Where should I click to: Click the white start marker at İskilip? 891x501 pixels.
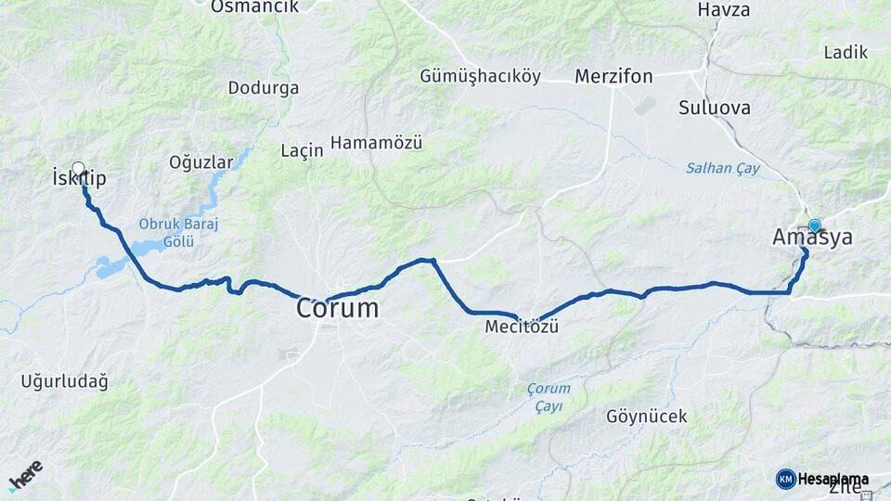pos(78,169)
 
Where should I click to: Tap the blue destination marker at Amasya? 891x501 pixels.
pos(815,225)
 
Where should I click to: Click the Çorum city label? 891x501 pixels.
pos(338,308)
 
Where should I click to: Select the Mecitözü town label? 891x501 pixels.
pos(522,328)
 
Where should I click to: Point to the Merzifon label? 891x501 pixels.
pos(613,76)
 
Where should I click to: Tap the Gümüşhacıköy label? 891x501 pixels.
pos(480,76)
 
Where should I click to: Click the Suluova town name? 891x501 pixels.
pos(715,108)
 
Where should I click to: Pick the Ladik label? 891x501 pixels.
pos(846,53)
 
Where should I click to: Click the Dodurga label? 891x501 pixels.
pos(264,88)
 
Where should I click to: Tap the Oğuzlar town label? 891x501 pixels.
pos(200,162)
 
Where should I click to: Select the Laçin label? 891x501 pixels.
pos(302,149)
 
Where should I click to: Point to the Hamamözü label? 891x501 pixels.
pos(376,143)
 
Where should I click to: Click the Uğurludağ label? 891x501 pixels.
pos(64,380)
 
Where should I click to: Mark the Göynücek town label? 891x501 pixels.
pos(647,417)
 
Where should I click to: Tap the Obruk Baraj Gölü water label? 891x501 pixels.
pos(166,233)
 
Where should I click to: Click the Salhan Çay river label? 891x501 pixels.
pos(723,168)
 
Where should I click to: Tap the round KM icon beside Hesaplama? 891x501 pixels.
pos(786,479)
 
